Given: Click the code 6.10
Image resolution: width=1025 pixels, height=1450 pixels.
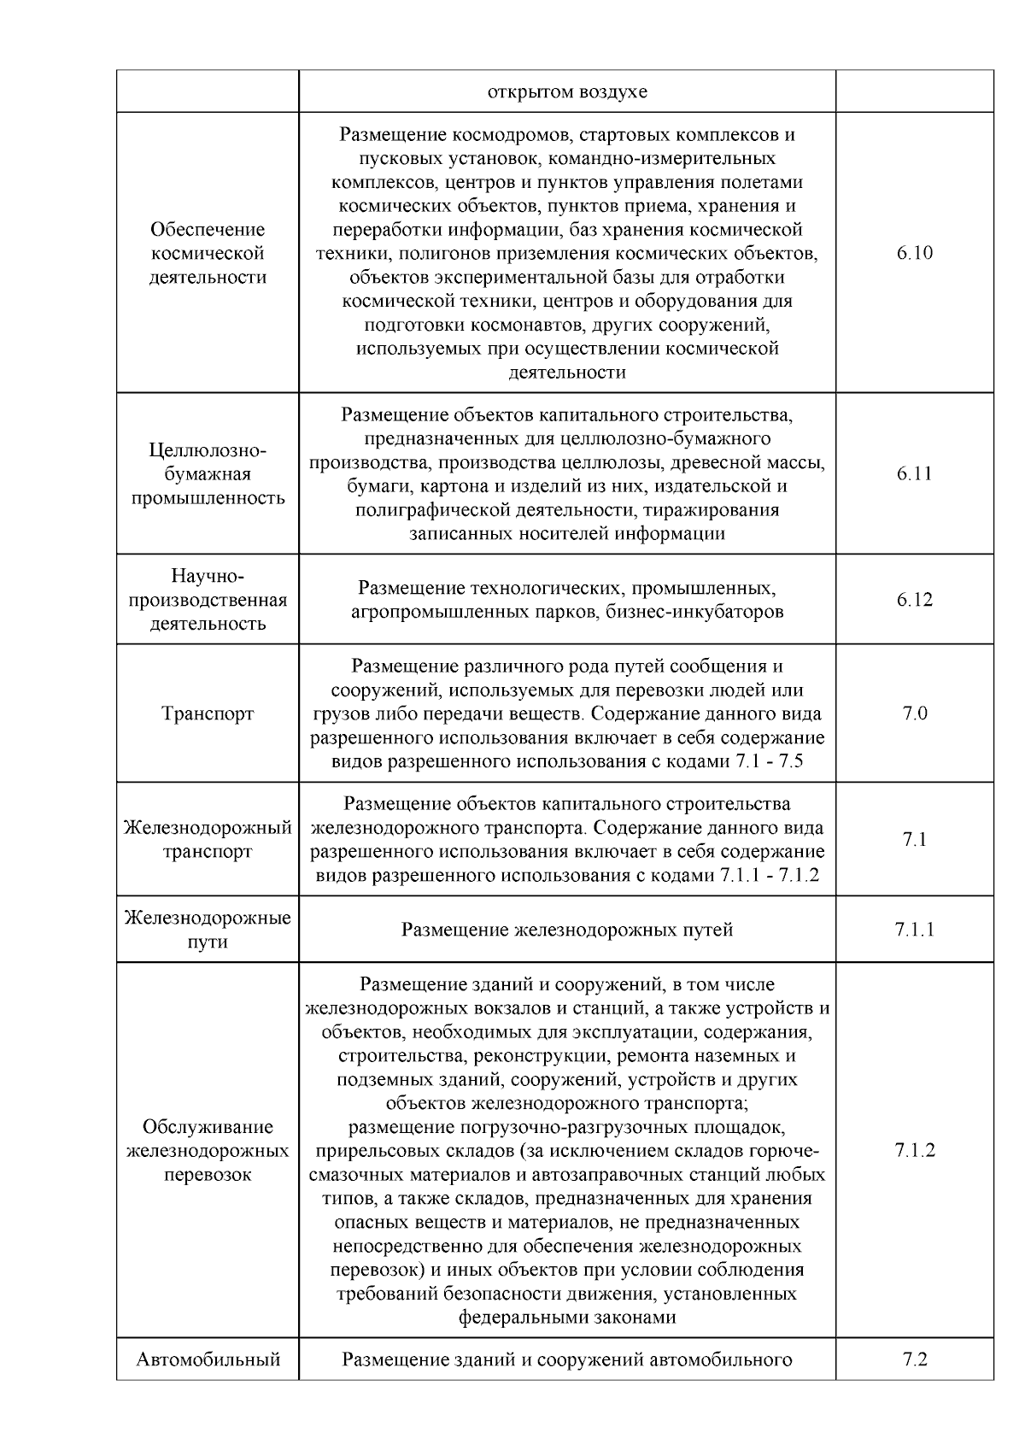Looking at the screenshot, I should coord(914,253).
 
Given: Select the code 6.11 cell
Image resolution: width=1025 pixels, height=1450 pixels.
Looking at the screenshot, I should coord(914,473).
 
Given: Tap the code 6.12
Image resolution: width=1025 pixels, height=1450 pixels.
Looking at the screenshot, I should coord(914,600).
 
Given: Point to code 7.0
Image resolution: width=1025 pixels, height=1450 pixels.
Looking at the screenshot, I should coord(914,713).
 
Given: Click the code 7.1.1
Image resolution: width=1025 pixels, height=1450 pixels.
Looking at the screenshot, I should coord(914,930).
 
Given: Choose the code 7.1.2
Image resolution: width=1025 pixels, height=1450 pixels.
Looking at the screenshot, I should coord(914,1150).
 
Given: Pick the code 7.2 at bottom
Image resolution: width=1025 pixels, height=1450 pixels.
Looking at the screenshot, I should coord(914,1359).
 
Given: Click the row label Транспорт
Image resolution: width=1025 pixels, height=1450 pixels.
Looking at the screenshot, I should coord(208,713).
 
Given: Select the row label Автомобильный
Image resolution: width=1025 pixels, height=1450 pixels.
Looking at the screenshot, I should coord(208,1359).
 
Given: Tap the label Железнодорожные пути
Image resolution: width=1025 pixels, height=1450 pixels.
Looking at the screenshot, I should coord(208,930).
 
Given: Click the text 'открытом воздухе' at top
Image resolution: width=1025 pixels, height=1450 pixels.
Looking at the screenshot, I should coord(567,91).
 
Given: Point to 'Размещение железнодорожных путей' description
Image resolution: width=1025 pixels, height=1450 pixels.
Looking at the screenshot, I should coord(567,930).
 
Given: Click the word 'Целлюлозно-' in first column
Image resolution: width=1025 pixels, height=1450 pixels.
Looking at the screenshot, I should coord(208,450).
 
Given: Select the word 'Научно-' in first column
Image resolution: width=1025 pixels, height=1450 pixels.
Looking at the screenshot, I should coord(208,576).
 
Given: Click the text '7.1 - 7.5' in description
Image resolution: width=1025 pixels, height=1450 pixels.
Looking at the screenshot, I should coord(768,761).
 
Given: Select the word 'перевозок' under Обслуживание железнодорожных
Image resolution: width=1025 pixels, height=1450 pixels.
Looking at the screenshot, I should coord(208,1174).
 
